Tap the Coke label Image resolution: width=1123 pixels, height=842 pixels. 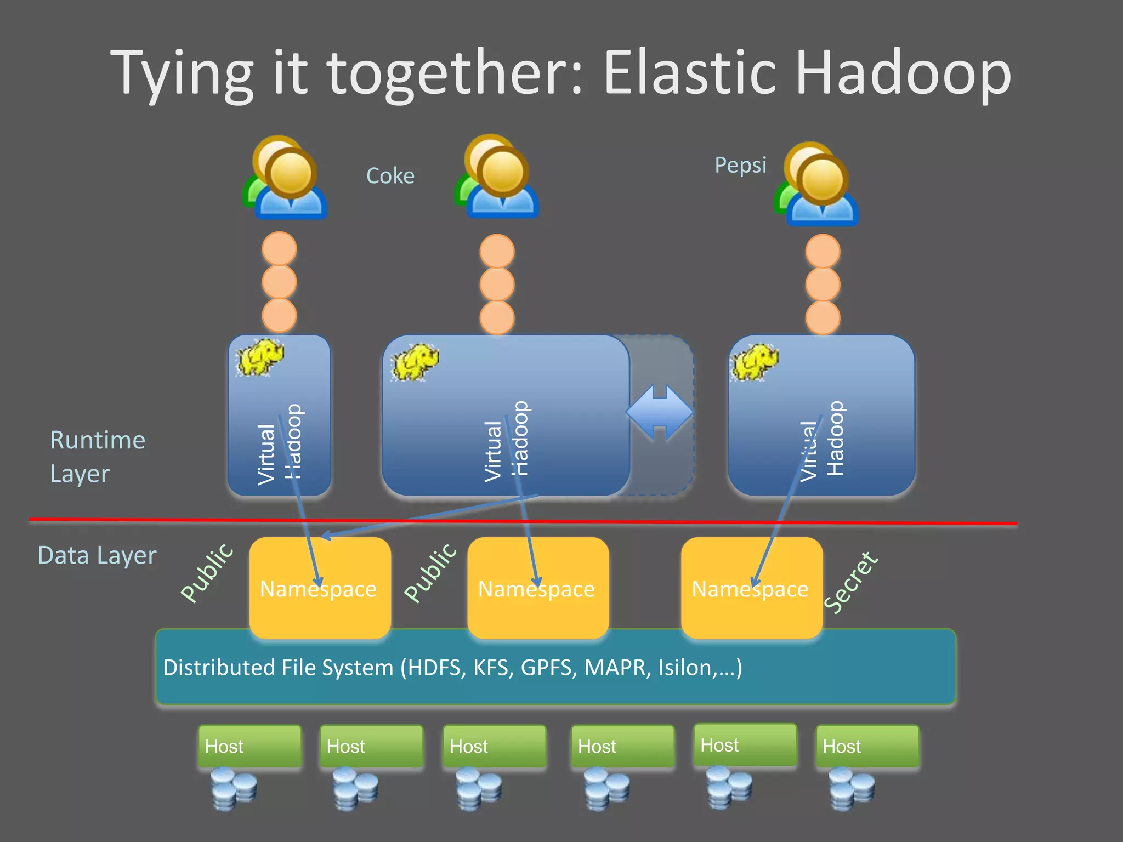[390, 176]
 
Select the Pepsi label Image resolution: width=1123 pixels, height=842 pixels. [740, 165]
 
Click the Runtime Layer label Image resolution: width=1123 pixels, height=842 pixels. [97, 457]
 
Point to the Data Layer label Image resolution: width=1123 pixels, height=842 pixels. [97, 555]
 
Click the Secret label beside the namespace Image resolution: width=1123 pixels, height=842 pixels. [851, 582]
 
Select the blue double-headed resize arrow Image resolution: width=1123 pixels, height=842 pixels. [660, 412]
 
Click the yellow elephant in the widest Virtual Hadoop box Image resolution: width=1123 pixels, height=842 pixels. [415, 361]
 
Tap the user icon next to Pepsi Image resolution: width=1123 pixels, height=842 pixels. [816, 184]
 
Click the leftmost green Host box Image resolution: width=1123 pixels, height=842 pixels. [249, 746]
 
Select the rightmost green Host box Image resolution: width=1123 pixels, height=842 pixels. [867, 746]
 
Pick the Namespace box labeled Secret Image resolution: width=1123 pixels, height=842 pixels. [751, 588]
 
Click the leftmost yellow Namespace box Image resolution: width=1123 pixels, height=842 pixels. [320, 588]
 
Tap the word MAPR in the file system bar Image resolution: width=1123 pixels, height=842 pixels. [617, 668]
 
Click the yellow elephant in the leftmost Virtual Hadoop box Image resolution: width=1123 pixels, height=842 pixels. [259, 357]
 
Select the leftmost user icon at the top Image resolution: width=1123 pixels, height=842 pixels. [285, 178]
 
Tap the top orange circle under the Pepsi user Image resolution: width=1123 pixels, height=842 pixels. [823, 251]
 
